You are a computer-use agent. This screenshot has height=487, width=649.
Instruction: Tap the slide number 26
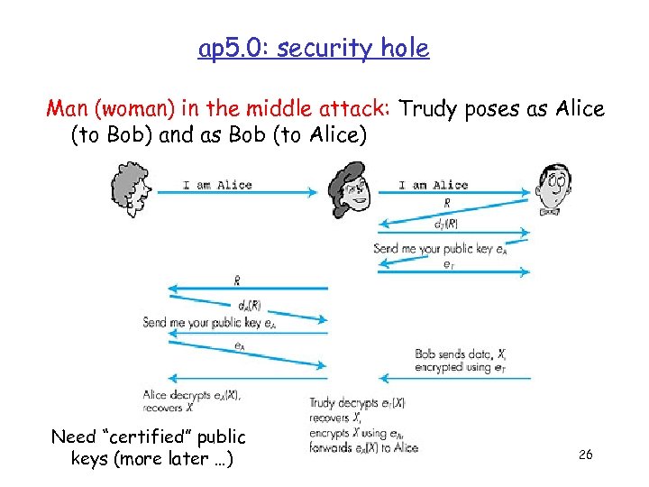point(585,455)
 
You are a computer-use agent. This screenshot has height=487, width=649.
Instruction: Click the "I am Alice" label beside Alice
point(217,185)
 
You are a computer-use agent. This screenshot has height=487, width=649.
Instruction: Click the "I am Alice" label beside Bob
point(433,185)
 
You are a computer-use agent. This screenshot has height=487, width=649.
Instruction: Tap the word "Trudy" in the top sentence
point(427,109)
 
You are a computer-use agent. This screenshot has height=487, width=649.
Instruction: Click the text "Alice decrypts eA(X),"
point(191,394)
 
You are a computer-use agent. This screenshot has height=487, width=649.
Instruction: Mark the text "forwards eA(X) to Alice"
point(363,447)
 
